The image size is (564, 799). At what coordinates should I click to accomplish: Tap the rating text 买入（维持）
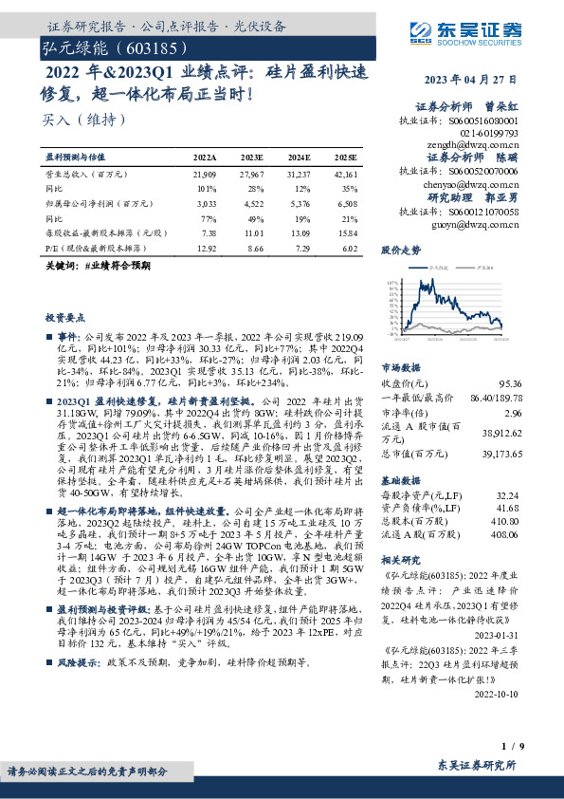[x=83, y=121]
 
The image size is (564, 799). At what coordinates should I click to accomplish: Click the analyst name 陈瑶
[x=509, y=157]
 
